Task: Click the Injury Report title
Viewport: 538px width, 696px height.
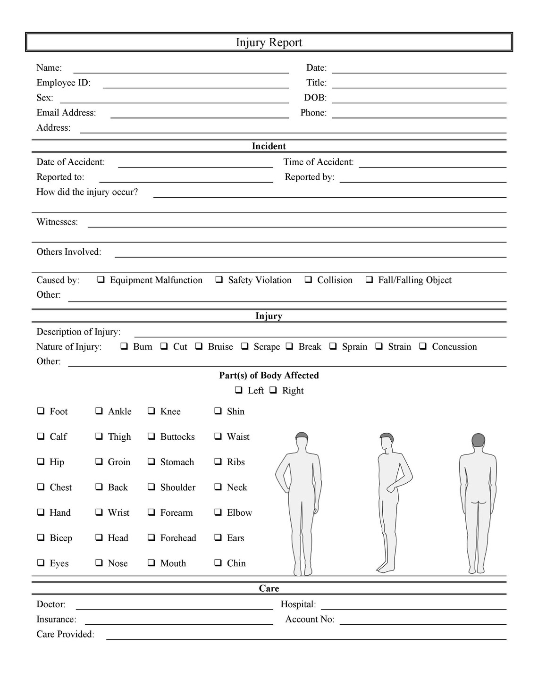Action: (269, 42)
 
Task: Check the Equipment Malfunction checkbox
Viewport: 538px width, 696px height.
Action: (101, 280)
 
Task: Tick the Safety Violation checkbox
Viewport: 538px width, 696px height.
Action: (219, 280)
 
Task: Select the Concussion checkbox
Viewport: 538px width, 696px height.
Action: (423, 346)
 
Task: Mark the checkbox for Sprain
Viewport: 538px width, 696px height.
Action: (333, 346)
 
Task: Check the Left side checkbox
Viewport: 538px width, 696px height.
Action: (239, 390)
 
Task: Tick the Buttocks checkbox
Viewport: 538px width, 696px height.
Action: (151, 436)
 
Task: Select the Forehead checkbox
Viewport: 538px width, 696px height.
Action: (151, 537)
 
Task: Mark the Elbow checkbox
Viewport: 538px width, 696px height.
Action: (218, 512)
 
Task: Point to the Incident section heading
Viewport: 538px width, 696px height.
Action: (269, 146)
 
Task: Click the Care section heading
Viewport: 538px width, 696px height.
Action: (269, 588)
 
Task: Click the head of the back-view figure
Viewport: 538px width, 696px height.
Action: (478, 441)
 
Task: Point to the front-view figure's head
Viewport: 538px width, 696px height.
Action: (301, 440)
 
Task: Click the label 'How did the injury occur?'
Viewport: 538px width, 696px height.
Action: (87, 192)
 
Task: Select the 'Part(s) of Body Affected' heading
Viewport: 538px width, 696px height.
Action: (269, 376)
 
